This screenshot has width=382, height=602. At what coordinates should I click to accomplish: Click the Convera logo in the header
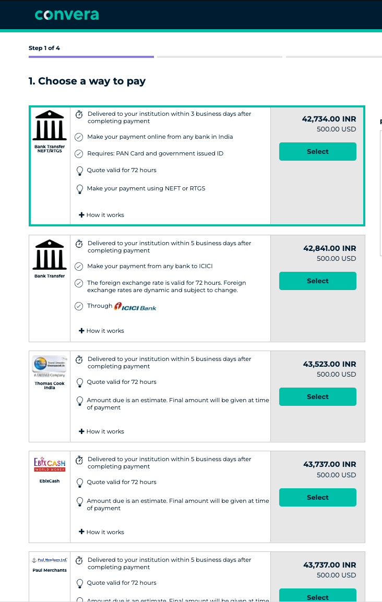tap(67, 15)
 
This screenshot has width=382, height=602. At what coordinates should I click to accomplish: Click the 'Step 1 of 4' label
tap(44, 48)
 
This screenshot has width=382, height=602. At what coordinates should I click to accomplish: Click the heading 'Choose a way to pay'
tap(87, 81)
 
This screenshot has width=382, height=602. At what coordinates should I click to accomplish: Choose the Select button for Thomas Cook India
tap(317, 397)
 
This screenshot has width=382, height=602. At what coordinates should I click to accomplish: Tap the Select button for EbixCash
tap(317, 498)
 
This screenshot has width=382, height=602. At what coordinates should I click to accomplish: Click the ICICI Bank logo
tap(135, 307)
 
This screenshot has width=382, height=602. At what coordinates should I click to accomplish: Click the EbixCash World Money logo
tap(50, 464)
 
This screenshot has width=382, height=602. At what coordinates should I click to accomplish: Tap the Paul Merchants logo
tap(50, 560)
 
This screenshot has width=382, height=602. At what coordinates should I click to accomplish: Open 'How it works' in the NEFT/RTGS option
tap(102, 215)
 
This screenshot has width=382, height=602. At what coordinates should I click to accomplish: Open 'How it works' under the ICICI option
tap(102, 331)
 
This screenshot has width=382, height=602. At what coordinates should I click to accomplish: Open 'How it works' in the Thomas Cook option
tap(102, 431)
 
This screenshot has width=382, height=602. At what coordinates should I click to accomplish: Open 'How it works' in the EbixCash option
tap(102, 532)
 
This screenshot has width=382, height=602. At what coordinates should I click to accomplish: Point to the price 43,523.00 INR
tap(329, 364)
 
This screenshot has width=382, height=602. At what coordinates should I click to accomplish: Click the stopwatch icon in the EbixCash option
tap(79, 460)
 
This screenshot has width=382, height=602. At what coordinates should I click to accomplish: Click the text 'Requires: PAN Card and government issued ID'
tap(155, 153)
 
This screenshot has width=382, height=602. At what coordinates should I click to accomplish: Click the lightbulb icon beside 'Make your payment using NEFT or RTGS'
tap(80, 189)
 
